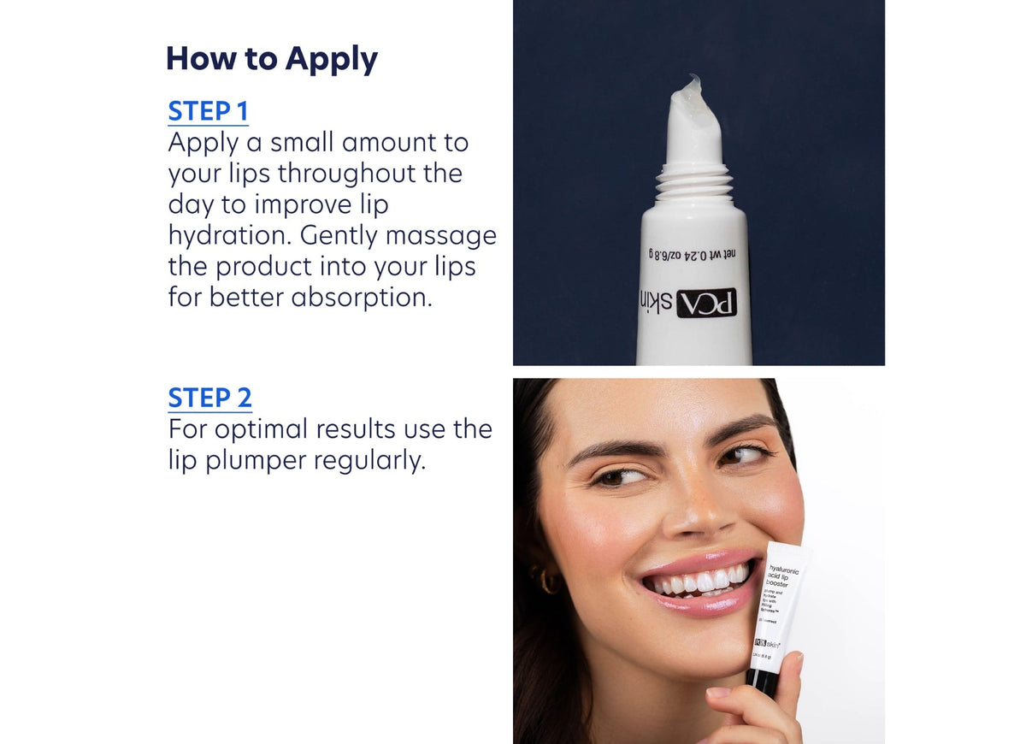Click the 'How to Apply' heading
[271, 59]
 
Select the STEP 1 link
[208, 112]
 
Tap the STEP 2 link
[209, 399]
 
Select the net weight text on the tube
[693, 254]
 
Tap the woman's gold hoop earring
[547, 581]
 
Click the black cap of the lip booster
[762, 682]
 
